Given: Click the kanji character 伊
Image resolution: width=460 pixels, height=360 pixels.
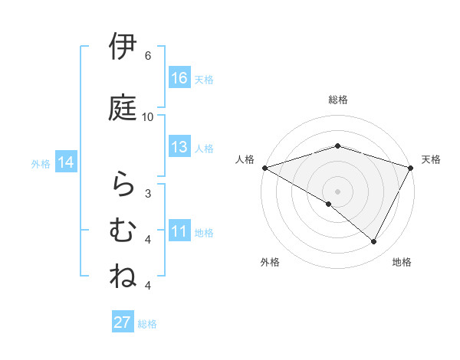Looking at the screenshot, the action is (123, 47).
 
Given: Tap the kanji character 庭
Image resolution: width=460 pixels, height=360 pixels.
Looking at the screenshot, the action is (123, 106).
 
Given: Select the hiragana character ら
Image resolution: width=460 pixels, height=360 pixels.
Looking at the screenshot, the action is (123, 185).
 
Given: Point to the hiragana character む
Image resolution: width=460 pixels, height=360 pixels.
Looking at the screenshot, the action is (123, 229).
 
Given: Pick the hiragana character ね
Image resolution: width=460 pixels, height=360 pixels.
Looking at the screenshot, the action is (123, 275).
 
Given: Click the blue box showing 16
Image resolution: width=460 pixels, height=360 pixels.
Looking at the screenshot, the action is (179, 78).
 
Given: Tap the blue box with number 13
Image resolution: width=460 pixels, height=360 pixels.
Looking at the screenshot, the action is (179, 147).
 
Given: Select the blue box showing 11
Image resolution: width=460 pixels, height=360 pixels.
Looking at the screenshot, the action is (179, 231).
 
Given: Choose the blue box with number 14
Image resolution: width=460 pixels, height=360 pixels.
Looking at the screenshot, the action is (66, 162).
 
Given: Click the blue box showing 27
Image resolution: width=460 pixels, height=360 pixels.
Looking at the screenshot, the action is (123, 322).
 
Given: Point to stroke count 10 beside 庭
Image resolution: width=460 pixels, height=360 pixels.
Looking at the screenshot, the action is (148, 116).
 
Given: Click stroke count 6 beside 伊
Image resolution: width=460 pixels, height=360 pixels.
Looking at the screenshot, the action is (148, 56).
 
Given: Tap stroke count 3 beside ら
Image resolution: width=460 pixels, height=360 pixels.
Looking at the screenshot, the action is (148, 193).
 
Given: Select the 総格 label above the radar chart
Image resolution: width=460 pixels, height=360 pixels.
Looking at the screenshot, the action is (338, 100).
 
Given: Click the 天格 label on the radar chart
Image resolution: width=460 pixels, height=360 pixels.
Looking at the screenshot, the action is (432, 159).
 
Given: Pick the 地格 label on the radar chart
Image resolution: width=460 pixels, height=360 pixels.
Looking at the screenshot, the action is (402, 262).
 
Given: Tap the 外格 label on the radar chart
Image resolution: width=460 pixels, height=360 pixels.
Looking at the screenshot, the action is (270, 262).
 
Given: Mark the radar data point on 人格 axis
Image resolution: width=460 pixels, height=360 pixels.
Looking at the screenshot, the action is (264, 167).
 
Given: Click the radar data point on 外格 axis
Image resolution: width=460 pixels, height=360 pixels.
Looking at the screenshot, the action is (329, 204).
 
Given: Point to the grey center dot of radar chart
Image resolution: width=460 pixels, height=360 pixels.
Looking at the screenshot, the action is (338, 191).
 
